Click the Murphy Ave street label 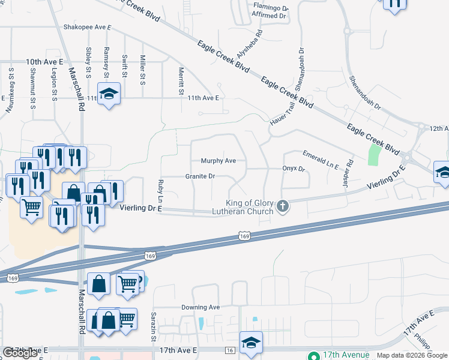point(218,161)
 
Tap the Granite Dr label point(199,176)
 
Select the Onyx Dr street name point(294,169)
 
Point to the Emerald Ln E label point(321,159)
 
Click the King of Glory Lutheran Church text point(249,208)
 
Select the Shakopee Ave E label point(88,27)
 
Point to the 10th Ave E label point(44,62)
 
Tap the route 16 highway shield point(230,350)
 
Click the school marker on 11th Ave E point(109,94)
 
